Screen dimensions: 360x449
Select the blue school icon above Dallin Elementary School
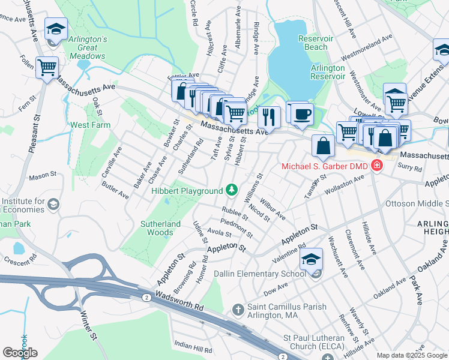(x=311, y=260)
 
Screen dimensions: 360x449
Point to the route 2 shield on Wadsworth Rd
(x=146, y=297)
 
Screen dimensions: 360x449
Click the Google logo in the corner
(x=20, y=353)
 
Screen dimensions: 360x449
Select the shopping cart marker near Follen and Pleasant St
(x=47, y=68)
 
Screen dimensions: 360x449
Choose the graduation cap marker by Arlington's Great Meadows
(x=55, y=29)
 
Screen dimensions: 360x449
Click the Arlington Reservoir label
(x=328, y=72)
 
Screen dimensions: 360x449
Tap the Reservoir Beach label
(x=316, y=43)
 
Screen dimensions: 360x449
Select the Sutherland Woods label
(x=160, y=228)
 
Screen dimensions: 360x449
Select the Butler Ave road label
(x=116, y=191)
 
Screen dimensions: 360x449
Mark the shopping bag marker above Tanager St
(x=323, y=146)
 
